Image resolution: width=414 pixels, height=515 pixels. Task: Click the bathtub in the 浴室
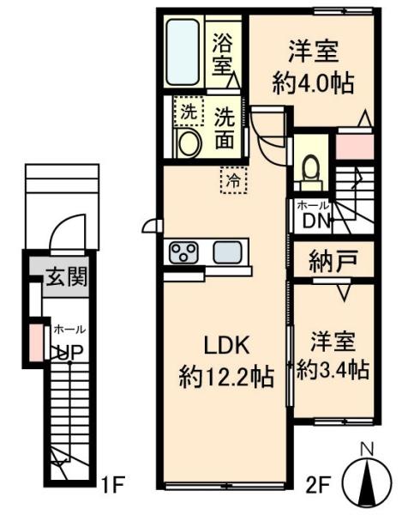click(x=183, y=52)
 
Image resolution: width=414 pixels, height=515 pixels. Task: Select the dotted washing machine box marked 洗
click(x=189, y=111)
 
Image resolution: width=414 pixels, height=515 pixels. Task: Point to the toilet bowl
click(x=310, y=169)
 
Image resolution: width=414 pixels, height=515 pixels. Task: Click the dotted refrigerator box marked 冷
click(x=234, y=180)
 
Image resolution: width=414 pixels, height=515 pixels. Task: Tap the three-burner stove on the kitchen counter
click(x=183, y=251)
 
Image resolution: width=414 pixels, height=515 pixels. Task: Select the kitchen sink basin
click(x=228, y=251)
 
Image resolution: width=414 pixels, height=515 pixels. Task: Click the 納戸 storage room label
click(x=333, y=260)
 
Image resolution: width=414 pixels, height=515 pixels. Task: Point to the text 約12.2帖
click(x=226, y=377)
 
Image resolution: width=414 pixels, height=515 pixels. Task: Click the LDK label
click(x=227, y=346)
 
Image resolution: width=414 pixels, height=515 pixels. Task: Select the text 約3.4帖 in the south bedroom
click(x=333, y=370)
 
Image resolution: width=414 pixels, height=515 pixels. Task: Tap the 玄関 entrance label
click(x=67, y=276)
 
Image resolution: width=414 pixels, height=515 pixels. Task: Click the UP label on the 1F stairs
click(x=69, y=352)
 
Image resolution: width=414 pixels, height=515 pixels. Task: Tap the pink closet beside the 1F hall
click(x=36, y=342)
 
